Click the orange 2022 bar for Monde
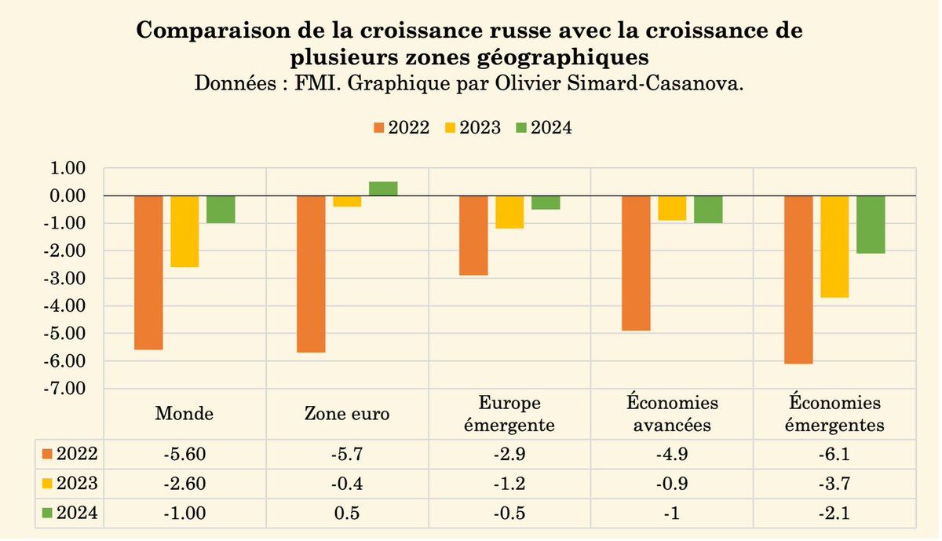pos(148,272)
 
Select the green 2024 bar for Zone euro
pos(383,188)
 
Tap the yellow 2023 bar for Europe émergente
pos(509,212)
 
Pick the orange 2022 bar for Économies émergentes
pos(799,279)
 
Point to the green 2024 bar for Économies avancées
pos(708,210)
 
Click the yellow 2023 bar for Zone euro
pos(347,201)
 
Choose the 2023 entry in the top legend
pos(472,128)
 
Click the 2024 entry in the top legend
pos(543,128)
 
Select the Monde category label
pos(184,414)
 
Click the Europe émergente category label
pos(509,414)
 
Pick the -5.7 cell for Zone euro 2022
pos(347,454)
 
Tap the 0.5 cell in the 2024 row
pos(347,514)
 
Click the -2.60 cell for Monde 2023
pos(184,484)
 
